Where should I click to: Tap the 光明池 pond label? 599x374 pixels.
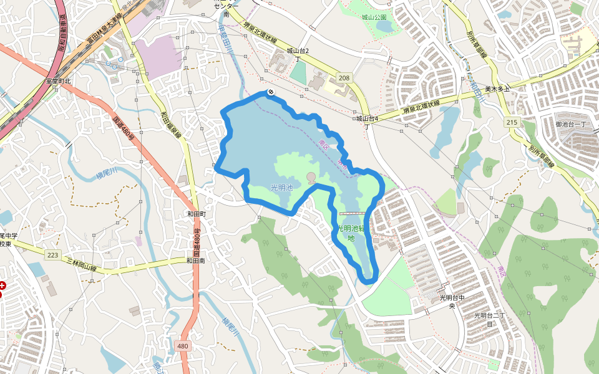point(281,187)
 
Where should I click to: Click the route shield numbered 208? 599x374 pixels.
point(343,78)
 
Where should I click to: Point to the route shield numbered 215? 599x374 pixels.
point(512,122)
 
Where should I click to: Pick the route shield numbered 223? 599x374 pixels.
point(52,254)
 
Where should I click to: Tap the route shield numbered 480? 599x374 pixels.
point(182,346)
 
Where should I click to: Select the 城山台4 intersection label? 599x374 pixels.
point(368,118)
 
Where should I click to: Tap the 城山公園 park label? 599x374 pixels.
point(374,17)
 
